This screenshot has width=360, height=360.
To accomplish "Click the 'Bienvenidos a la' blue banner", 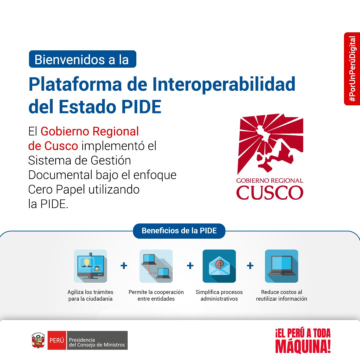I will [82, 59].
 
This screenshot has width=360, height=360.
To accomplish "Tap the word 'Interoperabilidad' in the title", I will [224, 84].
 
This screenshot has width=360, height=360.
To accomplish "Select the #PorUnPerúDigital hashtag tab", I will [352, 69].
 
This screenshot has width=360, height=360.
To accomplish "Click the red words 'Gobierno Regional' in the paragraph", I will [89, 131].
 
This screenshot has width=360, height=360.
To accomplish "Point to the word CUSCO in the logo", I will [270, 192].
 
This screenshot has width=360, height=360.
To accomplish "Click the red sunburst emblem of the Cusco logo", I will [270, 143].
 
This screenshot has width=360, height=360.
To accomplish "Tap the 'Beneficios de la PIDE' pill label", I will [179, 231].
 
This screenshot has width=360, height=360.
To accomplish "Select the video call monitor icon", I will [90, 266].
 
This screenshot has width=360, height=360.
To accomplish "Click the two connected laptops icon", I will [156, 266].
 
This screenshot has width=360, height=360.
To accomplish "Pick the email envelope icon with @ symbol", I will [219, 266].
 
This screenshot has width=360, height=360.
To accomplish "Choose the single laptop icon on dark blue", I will [281, 266].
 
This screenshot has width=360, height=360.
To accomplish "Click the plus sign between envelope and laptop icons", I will [250, 266].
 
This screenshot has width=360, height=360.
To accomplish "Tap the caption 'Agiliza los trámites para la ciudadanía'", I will [90, 295].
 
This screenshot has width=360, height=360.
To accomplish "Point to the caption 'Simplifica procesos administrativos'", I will [219, 295].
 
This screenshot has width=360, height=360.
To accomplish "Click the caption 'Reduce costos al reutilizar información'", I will [281, 295].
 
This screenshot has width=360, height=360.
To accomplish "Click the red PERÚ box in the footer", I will [57, 340].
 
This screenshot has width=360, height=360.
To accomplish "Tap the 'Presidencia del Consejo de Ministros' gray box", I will [97, 340].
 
